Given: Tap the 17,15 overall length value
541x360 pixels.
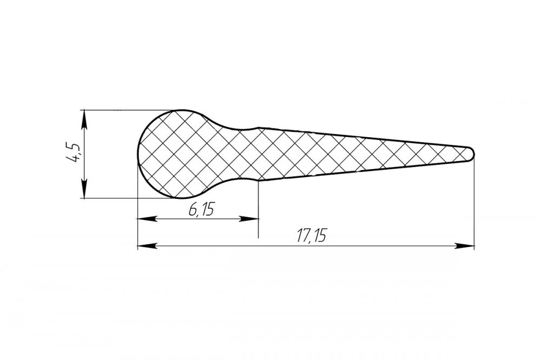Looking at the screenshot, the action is [x=311, y=236].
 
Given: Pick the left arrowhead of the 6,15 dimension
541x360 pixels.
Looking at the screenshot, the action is [x=147, y=218].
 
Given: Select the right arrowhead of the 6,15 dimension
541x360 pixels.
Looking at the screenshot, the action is [x=249, y=218].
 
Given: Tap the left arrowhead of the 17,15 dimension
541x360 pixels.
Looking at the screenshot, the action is [x=147, y=246].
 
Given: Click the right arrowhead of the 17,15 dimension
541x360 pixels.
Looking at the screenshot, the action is [x=465, y=246].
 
